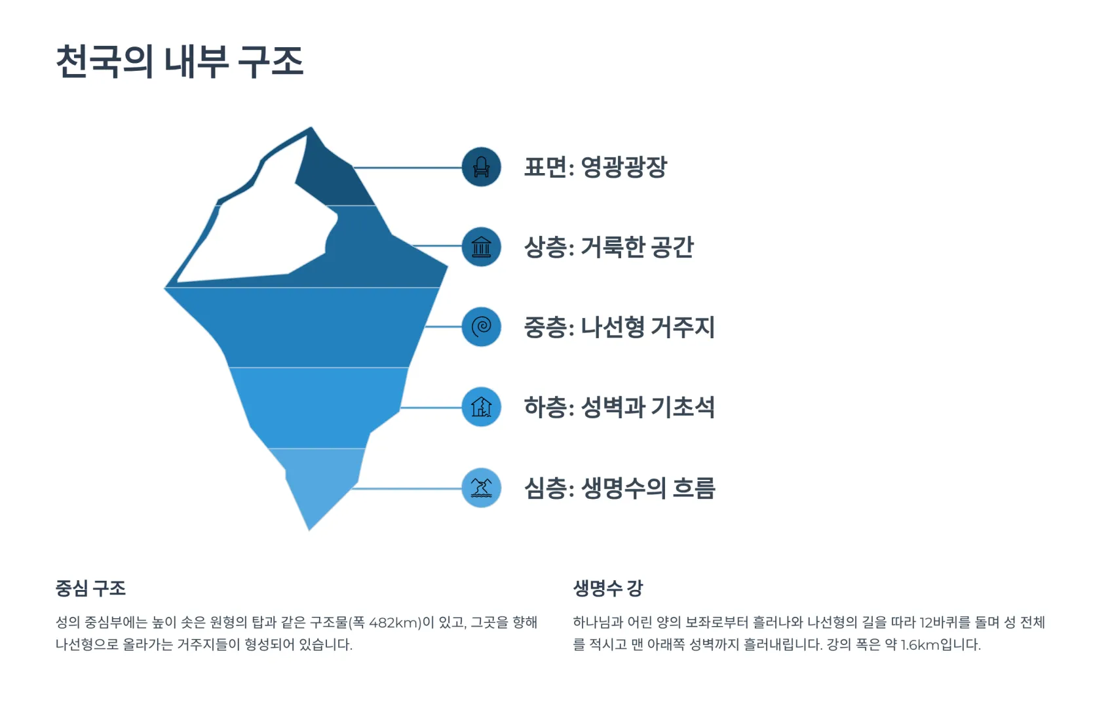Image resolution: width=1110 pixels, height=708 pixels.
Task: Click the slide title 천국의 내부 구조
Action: point(180,61)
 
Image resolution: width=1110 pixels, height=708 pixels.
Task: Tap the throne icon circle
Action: point(481,167)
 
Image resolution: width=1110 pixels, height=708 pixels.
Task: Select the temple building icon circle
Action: point(481,246)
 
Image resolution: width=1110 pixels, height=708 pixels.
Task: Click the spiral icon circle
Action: point(481,326)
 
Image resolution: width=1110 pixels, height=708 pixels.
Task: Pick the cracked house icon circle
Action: point(481,407)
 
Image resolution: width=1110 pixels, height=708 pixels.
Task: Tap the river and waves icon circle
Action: point(481,488)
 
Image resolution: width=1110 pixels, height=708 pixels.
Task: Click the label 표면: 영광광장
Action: point(596,167)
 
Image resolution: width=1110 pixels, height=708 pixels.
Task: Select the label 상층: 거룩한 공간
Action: point(609,247)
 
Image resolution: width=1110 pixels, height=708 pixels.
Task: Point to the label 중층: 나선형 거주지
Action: point(619,327)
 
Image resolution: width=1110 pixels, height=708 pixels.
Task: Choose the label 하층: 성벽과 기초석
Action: point(619,408)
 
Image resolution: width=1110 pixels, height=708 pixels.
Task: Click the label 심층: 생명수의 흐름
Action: point(620,488)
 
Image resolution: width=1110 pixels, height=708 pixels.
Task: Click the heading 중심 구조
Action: point(90,589)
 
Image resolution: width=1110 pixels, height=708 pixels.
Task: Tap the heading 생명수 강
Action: point(608,589)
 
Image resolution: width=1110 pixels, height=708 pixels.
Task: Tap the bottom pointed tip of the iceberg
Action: point(310,530)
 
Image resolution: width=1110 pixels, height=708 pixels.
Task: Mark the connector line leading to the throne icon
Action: point(408,168)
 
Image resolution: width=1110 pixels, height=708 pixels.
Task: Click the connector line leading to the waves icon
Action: point(406,489)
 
